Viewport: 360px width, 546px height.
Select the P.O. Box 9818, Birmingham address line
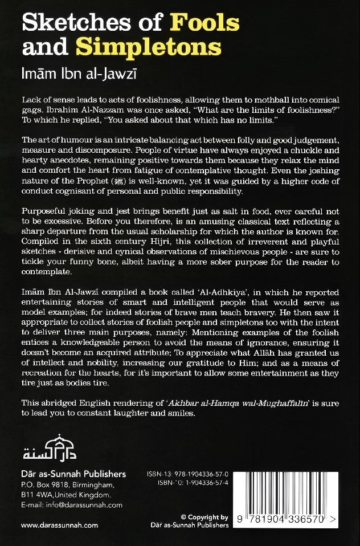pos(63,484)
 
